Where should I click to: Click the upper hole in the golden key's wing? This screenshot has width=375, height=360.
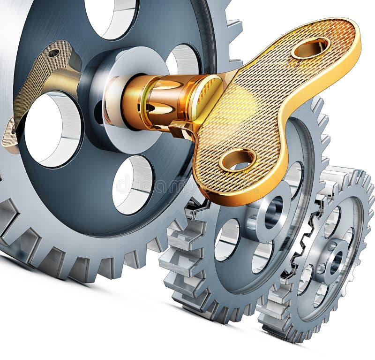click(x=310, y=47)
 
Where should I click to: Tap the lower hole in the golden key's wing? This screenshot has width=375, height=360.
click(x=237, y=160)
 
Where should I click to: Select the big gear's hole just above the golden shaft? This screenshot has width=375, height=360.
click(x=183, y=59)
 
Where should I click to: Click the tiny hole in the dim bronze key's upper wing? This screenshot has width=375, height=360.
click(x=53, y=53)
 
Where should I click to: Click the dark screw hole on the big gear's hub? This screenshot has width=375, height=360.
click(x=99, y=113)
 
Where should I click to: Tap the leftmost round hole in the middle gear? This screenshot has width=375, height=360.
click(x=227, y=239)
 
